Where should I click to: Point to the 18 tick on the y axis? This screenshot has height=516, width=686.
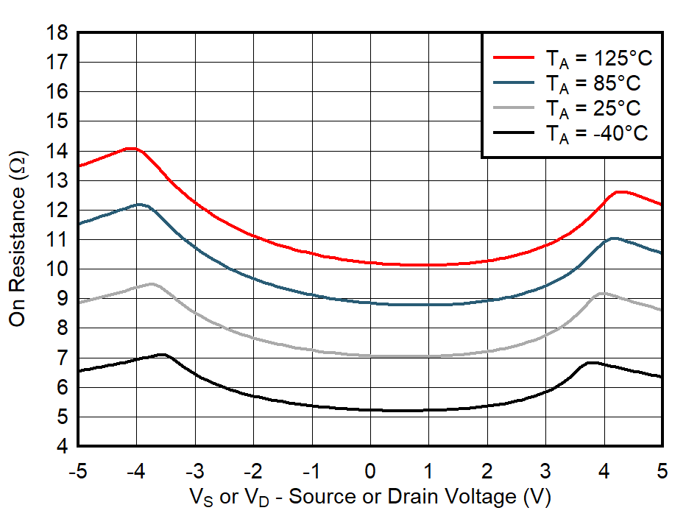57,33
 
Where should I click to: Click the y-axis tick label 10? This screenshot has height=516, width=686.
57,269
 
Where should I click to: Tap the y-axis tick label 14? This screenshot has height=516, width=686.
57,151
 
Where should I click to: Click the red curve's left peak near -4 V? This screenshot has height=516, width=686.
131,148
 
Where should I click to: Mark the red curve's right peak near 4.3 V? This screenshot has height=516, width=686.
620,191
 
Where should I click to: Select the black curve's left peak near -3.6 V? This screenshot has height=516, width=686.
162,354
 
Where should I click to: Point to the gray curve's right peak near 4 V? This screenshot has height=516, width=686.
603,293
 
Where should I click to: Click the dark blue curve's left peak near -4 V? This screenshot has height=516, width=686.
139,204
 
